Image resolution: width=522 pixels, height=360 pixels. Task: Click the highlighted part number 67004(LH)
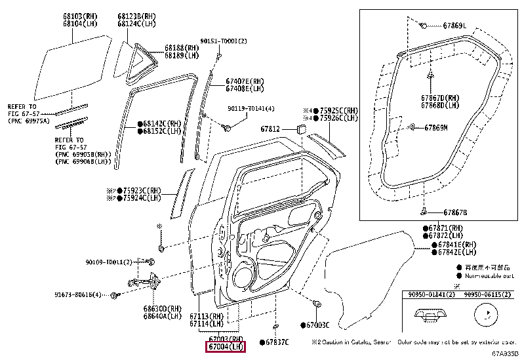226,346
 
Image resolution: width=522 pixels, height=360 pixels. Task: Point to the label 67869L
454,26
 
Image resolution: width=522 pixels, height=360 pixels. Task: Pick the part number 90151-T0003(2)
225,41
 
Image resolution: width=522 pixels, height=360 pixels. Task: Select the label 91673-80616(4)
79,295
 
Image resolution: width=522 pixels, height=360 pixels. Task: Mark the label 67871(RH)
443,227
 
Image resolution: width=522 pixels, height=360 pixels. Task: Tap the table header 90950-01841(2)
428,295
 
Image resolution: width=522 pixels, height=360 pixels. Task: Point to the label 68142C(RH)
161,123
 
